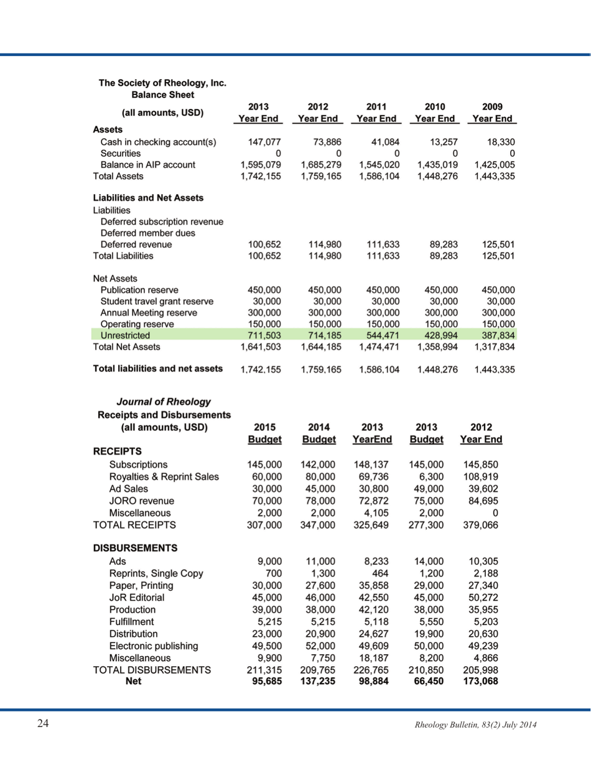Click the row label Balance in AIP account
pos(148,165)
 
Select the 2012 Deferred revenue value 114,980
pos(321,244)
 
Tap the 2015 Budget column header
pos(265,433)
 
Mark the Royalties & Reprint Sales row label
pos(164,476)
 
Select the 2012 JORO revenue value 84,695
pos(481,501)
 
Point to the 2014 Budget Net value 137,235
pos(319,680)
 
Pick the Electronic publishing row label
pos(154,645)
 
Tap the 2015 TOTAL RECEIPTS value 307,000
pos(265,525)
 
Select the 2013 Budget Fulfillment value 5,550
pos(428,621)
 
